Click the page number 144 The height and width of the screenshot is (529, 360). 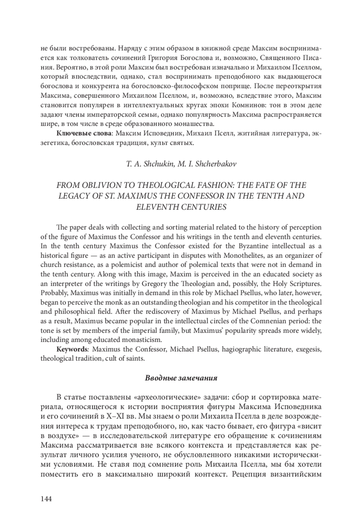(46, 499)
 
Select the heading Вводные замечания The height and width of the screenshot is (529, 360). (181, 378)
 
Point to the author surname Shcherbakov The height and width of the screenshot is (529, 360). (216, 164)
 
